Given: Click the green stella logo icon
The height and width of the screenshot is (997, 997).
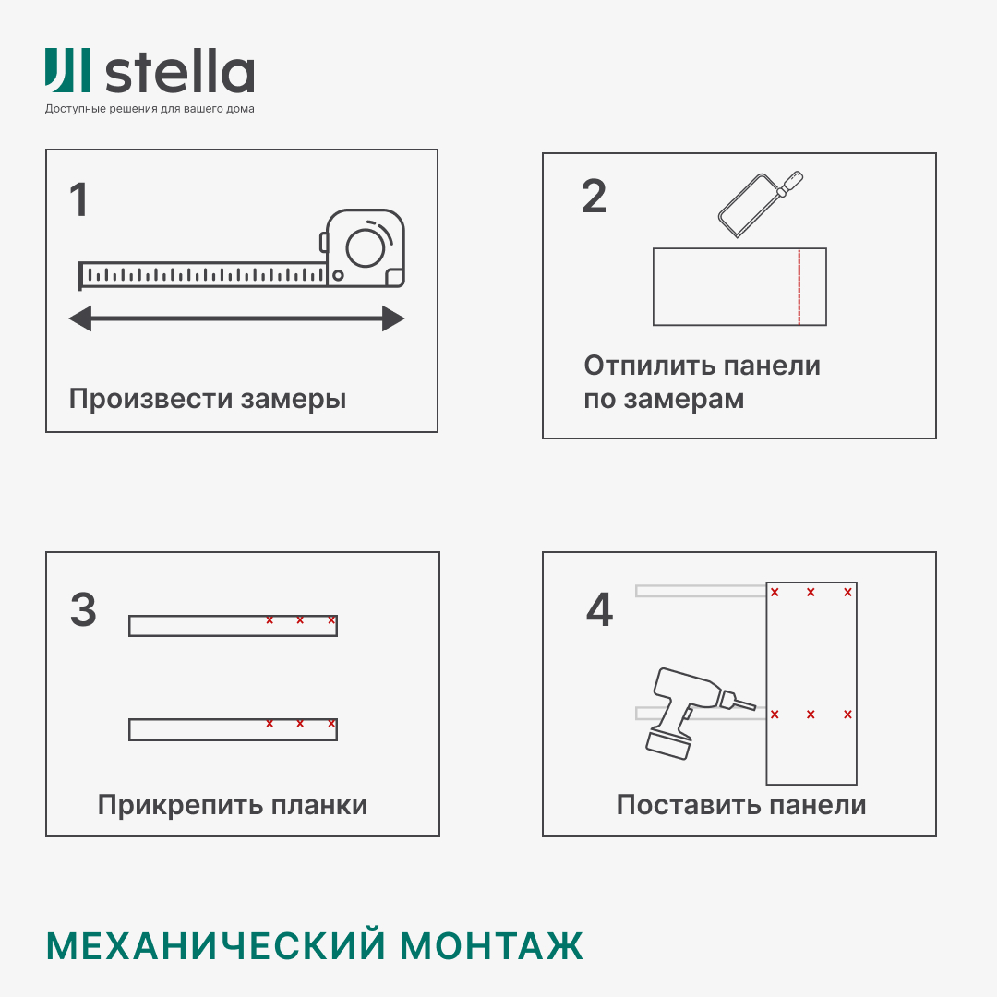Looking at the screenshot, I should point(67,70).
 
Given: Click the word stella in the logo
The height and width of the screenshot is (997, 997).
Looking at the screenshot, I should point(179,73).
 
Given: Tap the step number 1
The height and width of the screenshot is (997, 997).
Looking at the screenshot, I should point(79,200).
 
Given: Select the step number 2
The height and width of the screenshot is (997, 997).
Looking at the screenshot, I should point(594,196).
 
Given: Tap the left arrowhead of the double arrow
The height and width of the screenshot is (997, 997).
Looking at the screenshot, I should point(80,319).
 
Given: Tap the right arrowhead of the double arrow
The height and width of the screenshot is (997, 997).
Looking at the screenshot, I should point(393,319).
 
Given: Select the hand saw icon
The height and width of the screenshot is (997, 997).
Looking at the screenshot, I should point(759,204).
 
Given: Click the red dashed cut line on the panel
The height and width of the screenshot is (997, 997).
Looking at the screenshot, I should point(799,287).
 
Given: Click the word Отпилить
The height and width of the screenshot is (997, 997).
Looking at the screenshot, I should point(648,366).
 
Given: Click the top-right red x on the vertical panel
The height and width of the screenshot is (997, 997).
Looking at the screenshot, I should point(847,593).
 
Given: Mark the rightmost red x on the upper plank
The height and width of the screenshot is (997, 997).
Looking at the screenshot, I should point(331,620).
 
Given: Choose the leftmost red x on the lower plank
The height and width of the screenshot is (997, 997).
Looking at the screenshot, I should point(270,724).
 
